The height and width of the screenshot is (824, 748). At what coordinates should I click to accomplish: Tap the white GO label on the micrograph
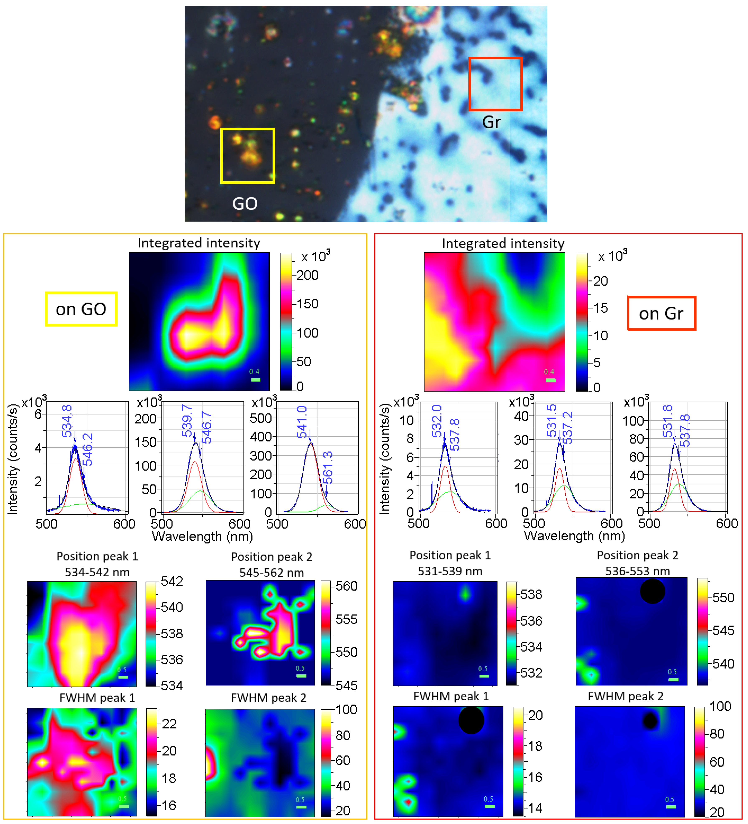[x=245, y=204]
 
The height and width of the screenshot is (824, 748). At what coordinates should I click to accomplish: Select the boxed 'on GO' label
[x=81, y=309]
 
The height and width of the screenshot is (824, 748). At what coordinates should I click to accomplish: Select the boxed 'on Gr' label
[x=661, y=313]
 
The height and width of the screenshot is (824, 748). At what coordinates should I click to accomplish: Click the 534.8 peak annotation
[x=67, y=421]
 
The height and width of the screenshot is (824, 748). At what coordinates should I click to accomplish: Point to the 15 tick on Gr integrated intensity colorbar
[x=600, y=308]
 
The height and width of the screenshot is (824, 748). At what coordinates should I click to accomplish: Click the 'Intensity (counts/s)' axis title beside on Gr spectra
[x=385, y=459]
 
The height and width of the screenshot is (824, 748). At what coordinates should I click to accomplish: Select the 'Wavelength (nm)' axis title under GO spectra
[x=202, y=536]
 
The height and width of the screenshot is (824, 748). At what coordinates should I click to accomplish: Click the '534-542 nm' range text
[x=97, y=572]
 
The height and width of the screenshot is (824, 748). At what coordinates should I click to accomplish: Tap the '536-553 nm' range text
[x=638, y=571]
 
